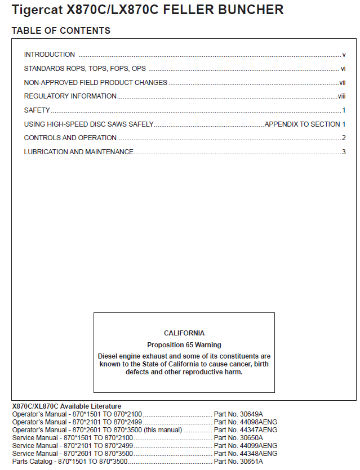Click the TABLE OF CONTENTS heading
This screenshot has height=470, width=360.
point(61,30)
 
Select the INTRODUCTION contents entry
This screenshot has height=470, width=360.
point(50,55)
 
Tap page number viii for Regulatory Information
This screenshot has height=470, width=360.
point(341,96)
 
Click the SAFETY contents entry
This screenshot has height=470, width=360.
point(37,110)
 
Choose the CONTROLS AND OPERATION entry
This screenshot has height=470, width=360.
point(70,138)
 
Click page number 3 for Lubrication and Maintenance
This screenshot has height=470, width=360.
point(344,152)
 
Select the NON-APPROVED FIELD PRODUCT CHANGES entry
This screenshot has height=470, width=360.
point(96,83)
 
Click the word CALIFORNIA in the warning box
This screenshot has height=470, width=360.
point(184,333)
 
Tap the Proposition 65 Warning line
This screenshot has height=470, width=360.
point(184,345)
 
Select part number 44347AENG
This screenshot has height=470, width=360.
point(257,429)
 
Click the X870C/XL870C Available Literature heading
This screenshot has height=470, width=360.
point(66,406)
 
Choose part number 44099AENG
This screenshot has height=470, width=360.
point(257,445)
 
